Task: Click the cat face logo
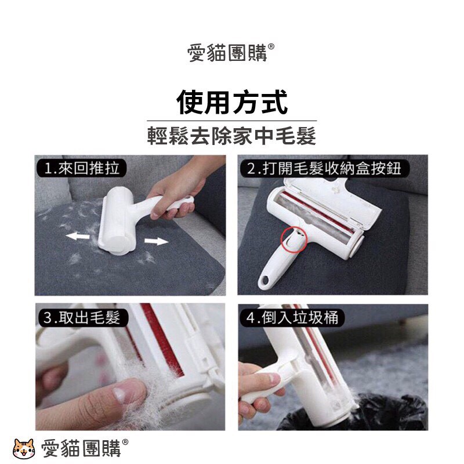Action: coord(24,448)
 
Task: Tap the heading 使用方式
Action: coord(232,102)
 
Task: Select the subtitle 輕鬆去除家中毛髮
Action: coord(231,136)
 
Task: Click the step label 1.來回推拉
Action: coord(82,168)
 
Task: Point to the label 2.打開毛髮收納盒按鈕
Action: coord(324,168)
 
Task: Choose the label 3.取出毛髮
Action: coord(82,317)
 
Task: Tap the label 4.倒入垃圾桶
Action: coord(292,318)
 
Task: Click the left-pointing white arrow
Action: coord(78,236)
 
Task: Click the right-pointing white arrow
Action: coord(156,241)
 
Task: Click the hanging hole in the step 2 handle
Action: coord(264,280)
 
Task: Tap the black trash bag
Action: coord(355,413)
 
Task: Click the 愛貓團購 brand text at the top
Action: coord(227,53)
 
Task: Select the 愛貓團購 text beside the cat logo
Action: coord(81,448)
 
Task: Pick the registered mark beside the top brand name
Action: coord(271,46)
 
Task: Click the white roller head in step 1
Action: coord(117,219)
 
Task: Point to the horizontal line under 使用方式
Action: coord(231,121)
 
